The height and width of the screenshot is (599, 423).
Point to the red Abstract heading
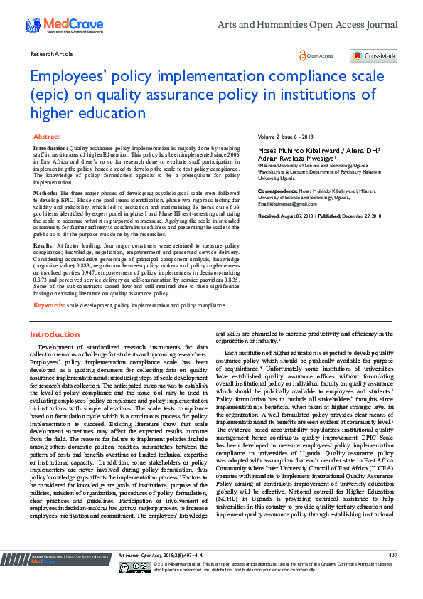pos(47,136)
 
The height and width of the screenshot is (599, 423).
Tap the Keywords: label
pos(49,305)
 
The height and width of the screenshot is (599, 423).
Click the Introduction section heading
pos(55,334)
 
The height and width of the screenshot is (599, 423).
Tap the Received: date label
pos(269,215)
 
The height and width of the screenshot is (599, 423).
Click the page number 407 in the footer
pos(393,574)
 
